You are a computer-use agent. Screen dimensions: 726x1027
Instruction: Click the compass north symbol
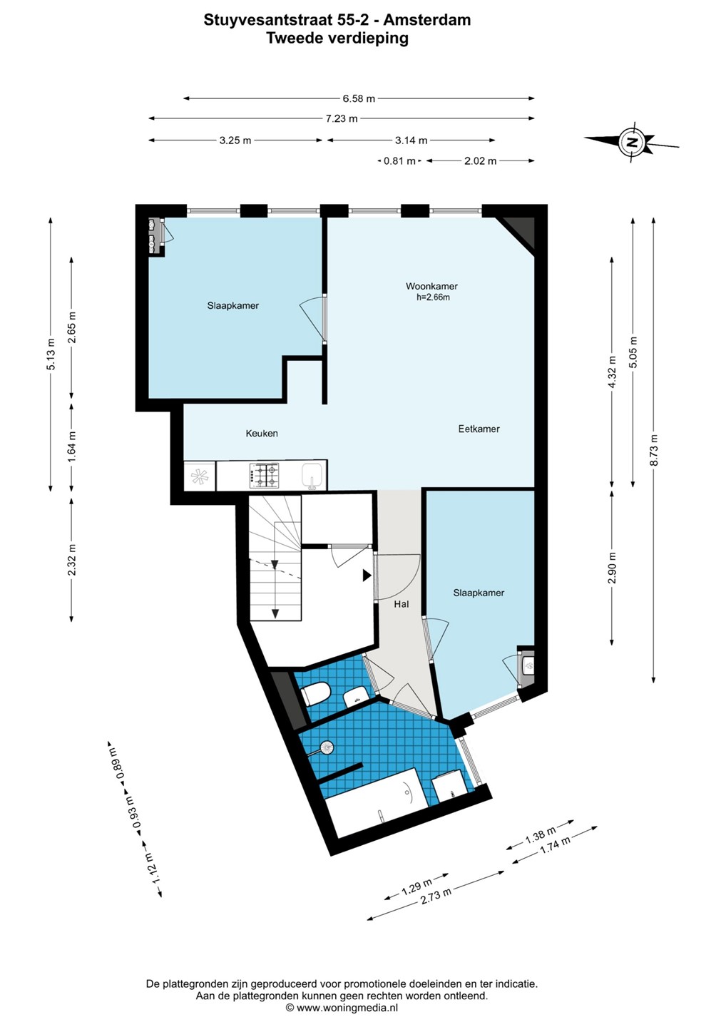tap(632, 142)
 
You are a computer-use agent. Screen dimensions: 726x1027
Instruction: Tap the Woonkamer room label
tap(431, 286)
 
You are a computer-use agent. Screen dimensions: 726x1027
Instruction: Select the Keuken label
tap(262, 434)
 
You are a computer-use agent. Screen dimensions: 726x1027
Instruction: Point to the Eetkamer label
tap(479, 429)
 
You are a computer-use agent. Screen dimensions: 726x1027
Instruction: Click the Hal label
tap(401, 604)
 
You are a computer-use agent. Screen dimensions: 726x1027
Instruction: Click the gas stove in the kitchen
tap(264, 476)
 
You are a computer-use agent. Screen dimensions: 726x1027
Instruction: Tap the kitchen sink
tap(314, 475)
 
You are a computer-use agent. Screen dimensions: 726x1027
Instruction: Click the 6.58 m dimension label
tap(359, 98)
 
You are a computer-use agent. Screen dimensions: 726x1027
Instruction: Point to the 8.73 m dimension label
tap(653, 450)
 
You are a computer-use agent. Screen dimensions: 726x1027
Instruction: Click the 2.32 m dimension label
tap(71, 561)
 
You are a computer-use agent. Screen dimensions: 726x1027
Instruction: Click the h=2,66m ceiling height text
tap(433, 297)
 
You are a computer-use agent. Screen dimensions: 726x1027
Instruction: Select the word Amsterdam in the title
tap(426, 20)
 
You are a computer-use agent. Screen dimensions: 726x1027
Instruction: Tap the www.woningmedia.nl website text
tap(347, 1007)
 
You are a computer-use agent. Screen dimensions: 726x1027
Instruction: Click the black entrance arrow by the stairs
tap(367, 576)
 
